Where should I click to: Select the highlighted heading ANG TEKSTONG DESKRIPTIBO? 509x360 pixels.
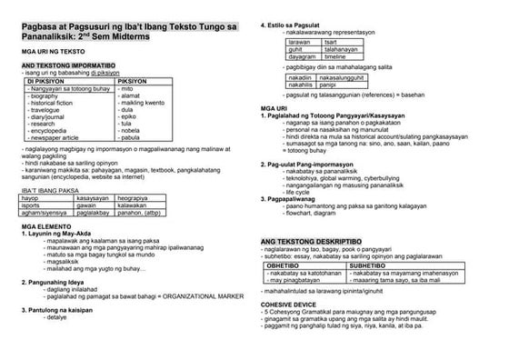tap(306, 240)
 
